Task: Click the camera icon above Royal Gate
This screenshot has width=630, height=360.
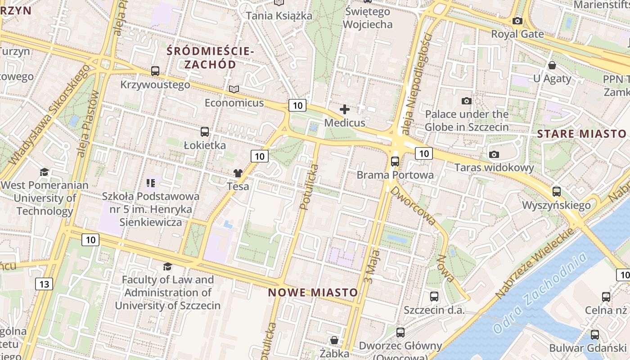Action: [x=517, y=21]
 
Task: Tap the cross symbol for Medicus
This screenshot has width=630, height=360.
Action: [x=345, y=109]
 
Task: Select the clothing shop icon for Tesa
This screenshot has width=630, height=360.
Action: [x=238, y=173]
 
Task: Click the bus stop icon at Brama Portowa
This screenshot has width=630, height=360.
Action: [x=395, y=162]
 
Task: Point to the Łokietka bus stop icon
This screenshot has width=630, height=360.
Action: [x=205, y=132]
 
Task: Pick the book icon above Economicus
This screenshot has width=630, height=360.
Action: [x=234, y=89]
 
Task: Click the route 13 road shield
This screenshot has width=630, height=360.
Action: [x=44, y=284]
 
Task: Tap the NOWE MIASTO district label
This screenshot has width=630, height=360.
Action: [x=313, y=292]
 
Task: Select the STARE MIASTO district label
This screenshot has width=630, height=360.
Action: [x=581, y=134]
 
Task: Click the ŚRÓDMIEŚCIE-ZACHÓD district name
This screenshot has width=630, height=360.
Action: [x=210, y=58]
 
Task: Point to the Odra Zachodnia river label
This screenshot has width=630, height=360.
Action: [x=540, y=292]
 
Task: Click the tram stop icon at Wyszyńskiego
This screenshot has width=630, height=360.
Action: [x=557, y=192]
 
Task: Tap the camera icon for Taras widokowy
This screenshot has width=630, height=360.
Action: [x=494, y=155]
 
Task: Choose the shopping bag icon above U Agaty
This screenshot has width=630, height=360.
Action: [x=552, y=65]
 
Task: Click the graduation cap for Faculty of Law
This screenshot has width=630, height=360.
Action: [x=167, y=266]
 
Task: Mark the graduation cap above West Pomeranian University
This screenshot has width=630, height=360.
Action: [x=44, y=172]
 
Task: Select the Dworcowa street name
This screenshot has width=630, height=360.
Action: [x=413, y=205]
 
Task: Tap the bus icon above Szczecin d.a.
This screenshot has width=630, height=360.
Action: [x=434, y=297]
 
